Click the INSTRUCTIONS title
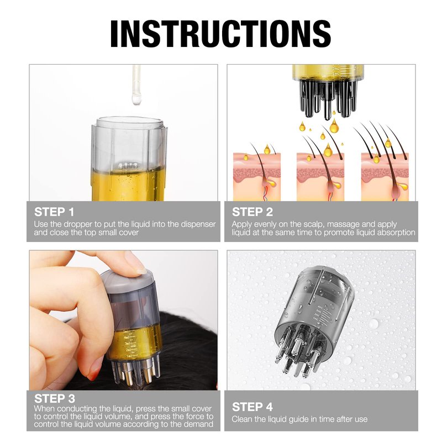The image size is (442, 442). [x=220, y=34]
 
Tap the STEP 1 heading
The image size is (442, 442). [x=54, y=212]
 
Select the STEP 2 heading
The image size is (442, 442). [x=252, y=212]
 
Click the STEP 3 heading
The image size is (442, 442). [x=55, y=398]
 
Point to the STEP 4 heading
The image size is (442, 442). [x=252, y=407]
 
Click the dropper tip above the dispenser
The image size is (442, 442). [x=136, y=99]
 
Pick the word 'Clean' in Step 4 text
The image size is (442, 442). [x=242, y=419]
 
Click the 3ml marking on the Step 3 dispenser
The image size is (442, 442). [x=128, y=343]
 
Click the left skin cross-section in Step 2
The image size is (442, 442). [x=257, y=177]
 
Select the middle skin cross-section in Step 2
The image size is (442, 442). [x=320, y=177]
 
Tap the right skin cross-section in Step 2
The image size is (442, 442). [x=385, y=177]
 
